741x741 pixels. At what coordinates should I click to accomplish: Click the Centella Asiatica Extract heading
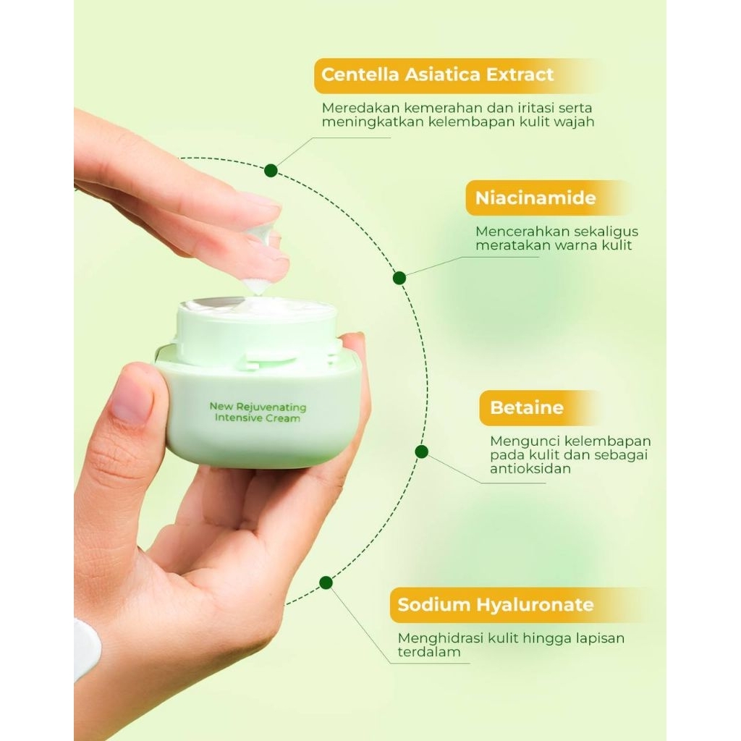tap(437, 75)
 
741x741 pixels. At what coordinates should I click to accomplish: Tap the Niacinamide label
tap(536, 198)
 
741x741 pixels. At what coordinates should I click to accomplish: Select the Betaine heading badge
tap(527, 407)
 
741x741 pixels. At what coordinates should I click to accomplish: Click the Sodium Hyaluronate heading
tap(496, 605)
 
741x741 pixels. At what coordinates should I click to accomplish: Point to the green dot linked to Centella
tap(271, 171)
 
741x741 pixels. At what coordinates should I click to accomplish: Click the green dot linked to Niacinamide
tap(399, 278)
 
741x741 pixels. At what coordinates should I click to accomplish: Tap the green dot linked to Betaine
tap(422, 452)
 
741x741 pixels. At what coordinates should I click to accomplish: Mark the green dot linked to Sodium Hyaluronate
tap(326, 583)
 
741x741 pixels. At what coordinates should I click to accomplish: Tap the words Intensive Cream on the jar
tap(258, 418)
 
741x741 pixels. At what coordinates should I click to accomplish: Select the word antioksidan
tap(530, 468)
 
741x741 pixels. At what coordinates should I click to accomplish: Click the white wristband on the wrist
tap(86, 648)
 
